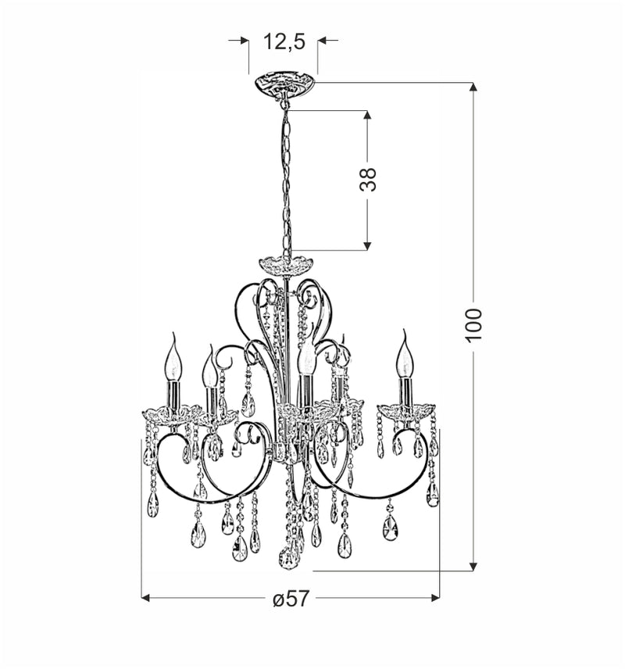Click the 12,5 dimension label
(x=283, y=41)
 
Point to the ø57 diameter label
(x=291, y=599)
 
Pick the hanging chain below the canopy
(x=286, y=180)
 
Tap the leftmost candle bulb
(x=173, y=362)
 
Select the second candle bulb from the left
(x=209, y=371)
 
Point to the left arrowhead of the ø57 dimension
(x=146, y=598)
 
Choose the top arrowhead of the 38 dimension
(x=366, y=115)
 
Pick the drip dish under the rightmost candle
(x=405, y=410)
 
